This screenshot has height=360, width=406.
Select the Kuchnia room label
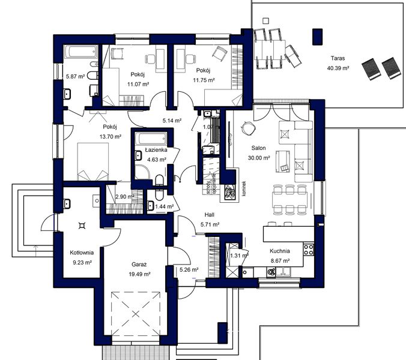[x=280, y=251]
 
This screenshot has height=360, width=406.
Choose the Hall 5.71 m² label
[x=209, y=219]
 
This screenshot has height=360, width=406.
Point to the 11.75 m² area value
[x=204, y=79]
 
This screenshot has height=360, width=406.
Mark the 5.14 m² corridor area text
[x=172, y=120]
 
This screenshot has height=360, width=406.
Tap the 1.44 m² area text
[x=164, y=206]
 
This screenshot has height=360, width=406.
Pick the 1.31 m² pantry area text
[x=238, y=256]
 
